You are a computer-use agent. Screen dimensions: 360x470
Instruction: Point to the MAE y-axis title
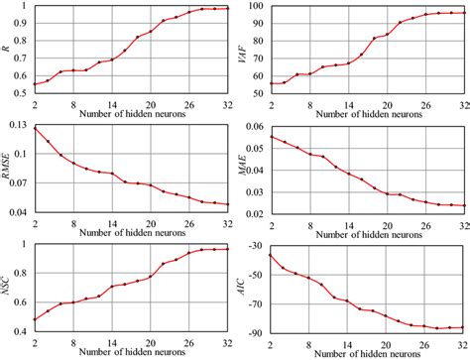coord(244,167)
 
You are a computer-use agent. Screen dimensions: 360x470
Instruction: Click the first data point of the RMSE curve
coord(36,128)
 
